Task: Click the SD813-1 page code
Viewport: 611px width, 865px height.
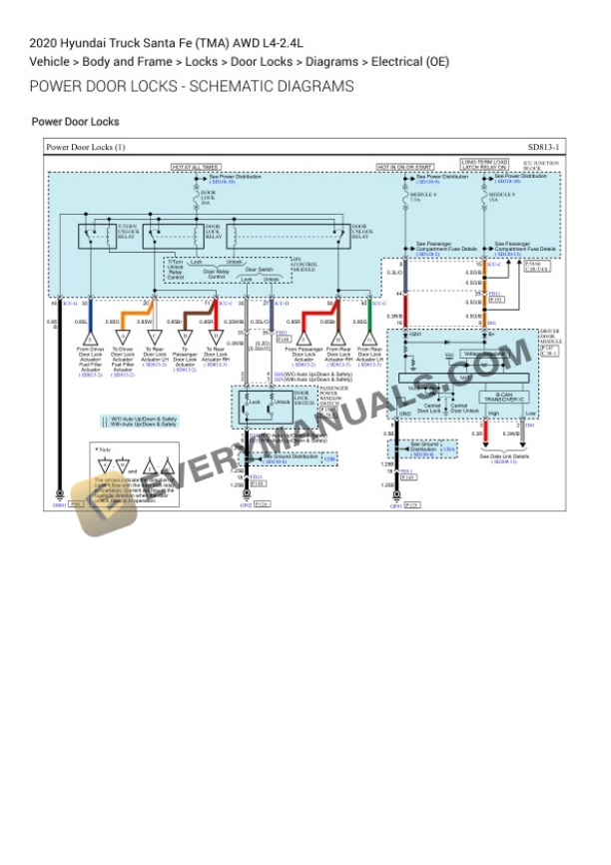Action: [x=543, y=148]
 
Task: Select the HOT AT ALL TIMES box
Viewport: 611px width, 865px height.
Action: [x=196, y=167]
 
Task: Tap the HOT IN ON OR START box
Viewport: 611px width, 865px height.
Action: [x=404, y=167]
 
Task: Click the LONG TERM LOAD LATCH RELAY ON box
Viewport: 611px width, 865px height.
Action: [x=484, y=164]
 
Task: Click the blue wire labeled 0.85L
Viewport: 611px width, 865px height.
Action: [x=91, y=322]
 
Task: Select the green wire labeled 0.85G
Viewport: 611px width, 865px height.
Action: [x=370, y=322]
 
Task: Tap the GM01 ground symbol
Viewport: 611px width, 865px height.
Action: [x=59, y=496]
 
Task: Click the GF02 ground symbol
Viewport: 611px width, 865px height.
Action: [x=247, y=496]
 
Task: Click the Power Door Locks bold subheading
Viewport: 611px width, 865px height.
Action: [x=76, y=122]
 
